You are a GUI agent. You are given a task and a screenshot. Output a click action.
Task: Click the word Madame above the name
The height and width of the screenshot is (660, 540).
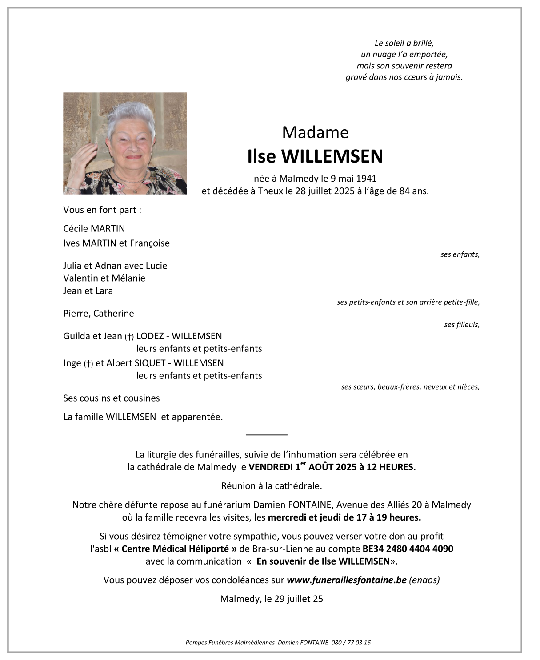click(x=315, y=132)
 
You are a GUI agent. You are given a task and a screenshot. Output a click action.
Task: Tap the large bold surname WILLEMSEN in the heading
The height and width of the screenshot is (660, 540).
click(x=332, y=156)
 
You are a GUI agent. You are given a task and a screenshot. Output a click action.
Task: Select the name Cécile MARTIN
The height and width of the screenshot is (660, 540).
click(x=94, y=229)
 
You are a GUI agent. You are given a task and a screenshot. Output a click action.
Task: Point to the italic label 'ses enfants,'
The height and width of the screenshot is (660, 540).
click(x=460, y=254)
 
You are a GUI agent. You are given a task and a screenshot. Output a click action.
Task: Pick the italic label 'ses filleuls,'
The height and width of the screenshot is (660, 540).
click(x=461, y=325)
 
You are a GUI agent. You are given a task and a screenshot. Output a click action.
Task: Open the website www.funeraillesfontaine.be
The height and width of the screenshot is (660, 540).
click(x=347, y=580)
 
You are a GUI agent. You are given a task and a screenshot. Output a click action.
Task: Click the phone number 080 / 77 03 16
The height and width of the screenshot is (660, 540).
click(x=351, y=642)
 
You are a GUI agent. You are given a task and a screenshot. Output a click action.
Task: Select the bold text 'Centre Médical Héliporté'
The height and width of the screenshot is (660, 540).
click(x=175, y=549)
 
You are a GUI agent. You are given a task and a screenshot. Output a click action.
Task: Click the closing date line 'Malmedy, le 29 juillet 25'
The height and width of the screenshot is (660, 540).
click(x=271, y=599)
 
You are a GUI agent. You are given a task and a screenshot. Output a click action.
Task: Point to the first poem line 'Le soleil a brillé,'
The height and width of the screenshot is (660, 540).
click(x=404, y=43)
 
